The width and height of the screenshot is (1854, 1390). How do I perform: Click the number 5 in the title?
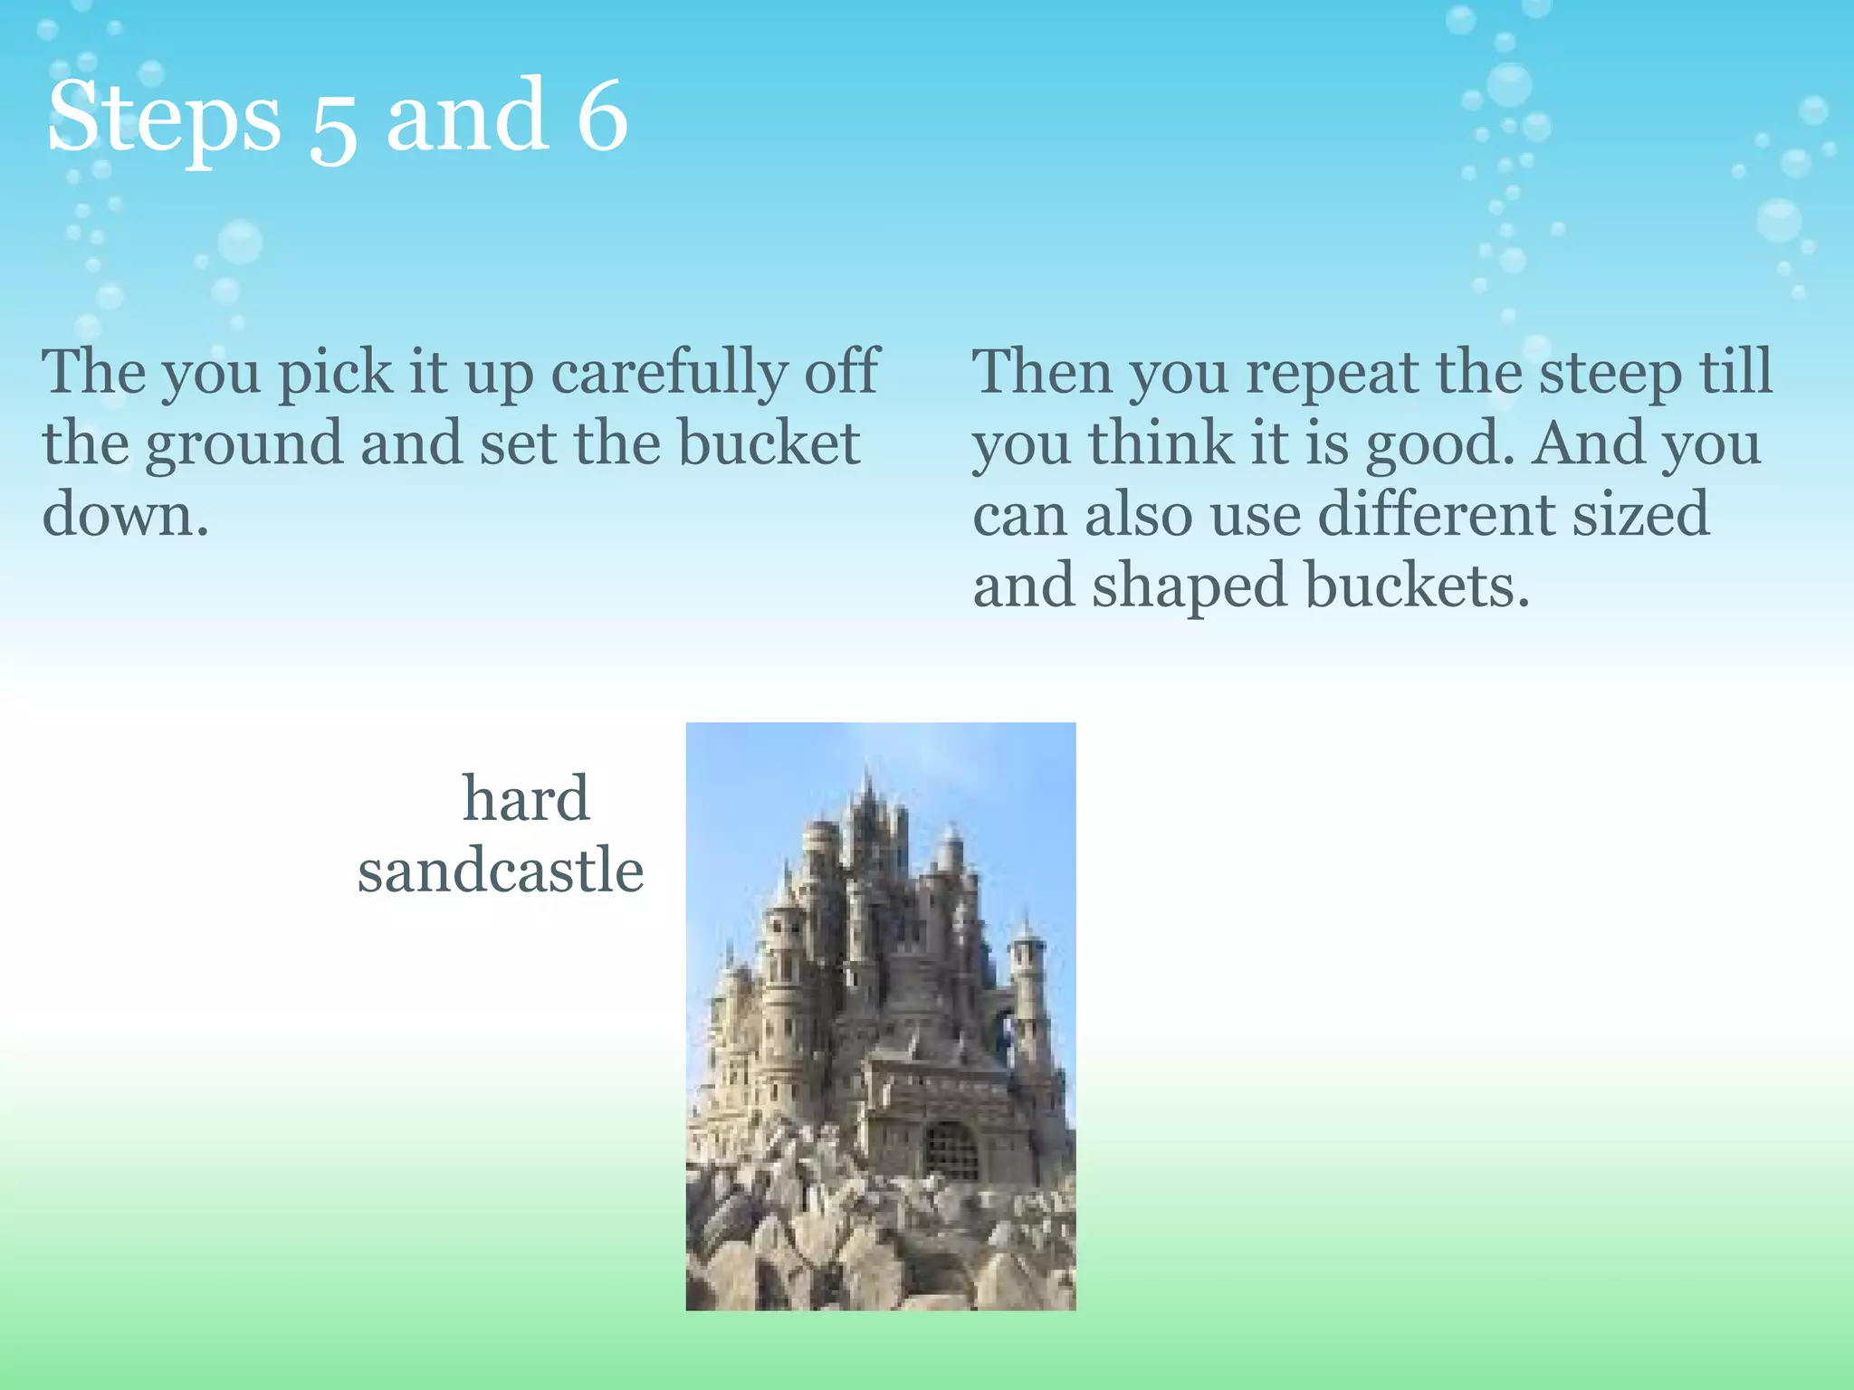(x=332, y=127)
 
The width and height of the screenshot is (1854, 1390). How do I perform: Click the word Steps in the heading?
(x=163, y=118)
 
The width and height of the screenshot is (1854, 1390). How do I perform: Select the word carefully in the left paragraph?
(x=670, y=373)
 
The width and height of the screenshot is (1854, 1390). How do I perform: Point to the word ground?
(x=244, y=445)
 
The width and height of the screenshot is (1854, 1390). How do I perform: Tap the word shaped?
(x=1189, y=586)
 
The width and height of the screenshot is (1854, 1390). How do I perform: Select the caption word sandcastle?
(x=501, y=871)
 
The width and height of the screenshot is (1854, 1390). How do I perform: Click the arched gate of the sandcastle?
(x=951, y=1150)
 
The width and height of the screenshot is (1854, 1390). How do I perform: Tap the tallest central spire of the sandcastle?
(x=868, y=796)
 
